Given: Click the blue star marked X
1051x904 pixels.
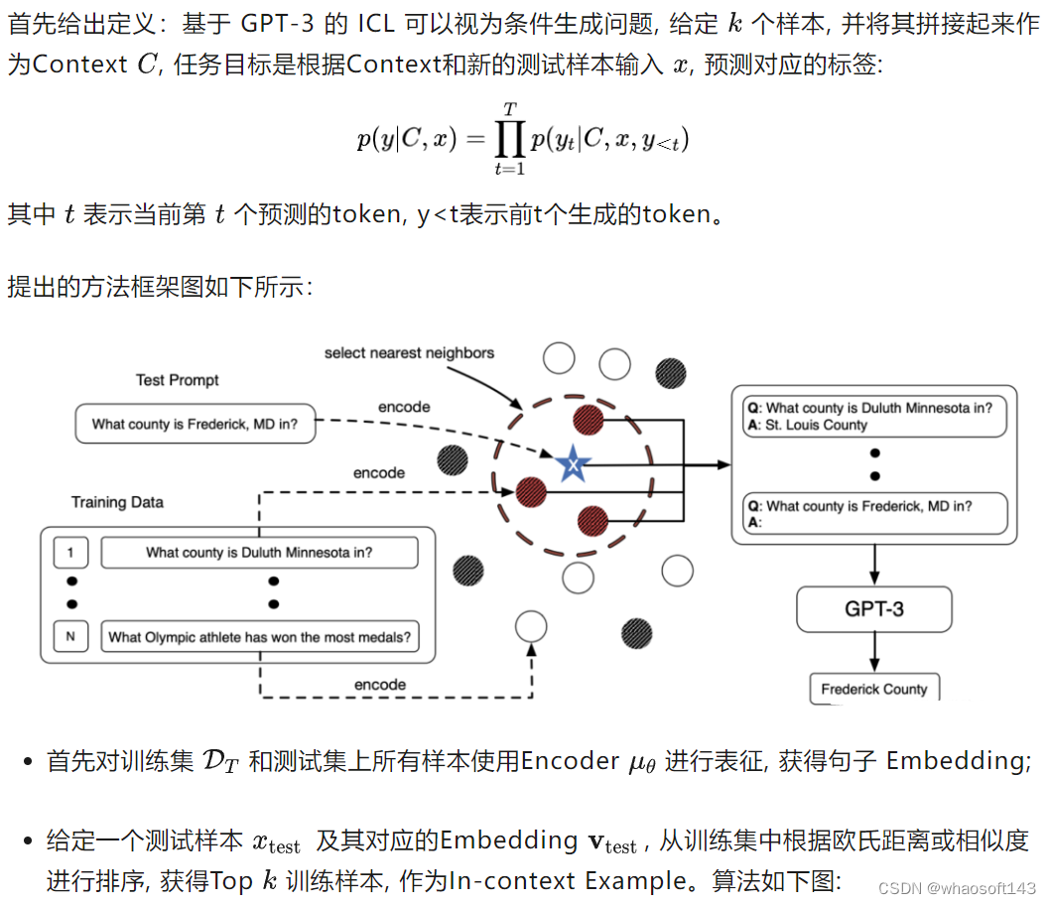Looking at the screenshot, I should coord(571,462).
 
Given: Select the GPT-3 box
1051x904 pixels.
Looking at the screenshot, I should coord(873,609).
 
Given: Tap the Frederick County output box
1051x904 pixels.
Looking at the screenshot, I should coord(873,689).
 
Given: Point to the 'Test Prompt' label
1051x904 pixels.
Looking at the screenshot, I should coord(178,380).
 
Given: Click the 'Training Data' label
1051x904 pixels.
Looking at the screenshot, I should coord(117,502).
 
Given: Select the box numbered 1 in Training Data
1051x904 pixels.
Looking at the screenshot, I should coord(71,553).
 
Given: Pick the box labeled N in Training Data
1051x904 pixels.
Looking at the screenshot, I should coord(71,637).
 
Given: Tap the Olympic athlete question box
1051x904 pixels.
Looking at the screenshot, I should coord(259,637).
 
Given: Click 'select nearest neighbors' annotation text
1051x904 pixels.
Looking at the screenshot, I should coord(409,352).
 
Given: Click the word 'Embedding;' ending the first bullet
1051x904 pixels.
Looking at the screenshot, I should coord(958,761).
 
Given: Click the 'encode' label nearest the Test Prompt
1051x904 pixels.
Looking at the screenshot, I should coord(404,407).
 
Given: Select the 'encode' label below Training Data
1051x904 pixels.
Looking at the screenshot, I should coord(380,685).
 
